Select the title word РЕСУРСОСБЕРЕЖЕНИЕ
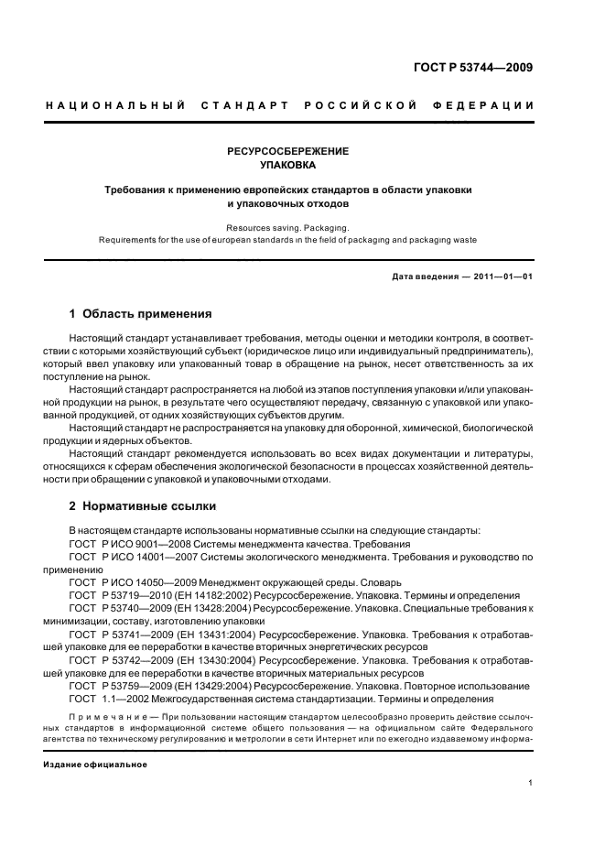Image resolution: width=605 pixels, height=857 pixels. (288, 151)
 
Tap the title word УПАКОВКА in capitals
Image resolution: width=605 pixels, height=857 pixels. (288, 166)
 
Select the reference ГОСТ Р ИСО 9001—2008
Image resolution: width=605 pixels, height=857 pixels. (122, 544)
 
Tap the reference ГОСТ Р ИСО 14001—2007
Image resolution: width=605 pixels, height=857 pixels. (124, 556)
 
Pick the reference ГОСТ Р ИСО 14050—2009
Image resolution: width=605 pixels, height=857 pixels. (124, 581)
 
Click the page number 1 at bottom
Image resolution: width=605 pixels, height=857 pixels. (531, 783)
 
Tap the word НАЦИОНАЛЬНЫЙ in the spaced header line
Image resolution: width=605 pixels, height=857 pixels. (110, 106)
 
